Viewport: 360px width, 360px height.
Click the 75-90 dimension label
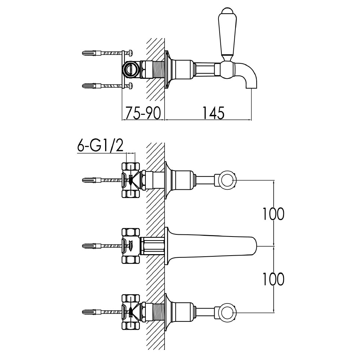[143, 113]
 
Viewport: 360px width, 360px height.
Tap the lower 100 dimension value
[273, 279]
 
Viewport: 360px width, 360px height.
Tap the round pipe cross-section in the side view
[130, 69]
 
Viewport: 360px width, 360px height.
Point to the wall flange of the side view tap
[167, 69]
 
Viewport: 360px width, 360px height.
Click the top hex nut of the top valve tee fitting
[131, 167]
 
